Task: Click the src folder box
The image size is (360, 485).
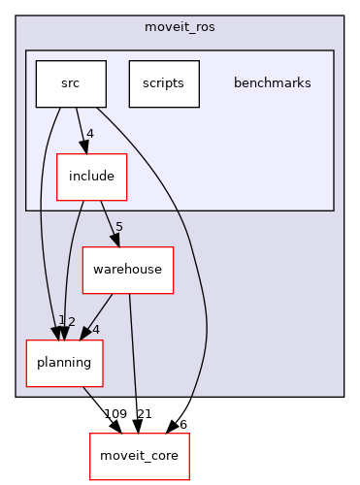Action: pyautogui.click(x=70, y=84)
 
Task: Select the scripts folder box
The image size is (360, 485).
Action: pyautogui.click(x=163, y=84)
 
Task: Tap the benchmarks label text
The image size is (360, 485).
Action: pyautogui.click(x=272, y=83)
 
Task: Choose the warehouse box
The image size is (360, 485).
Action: pyautogui.click(x=127, y=270)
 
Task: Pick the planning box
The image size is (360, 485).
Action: pyautogui.click(x=64, y=363)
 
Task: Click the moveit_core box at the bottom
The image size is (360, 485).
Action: pyautogui.click(x=140, y=456)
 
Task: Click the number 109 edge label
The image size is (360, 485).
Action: pyautogui.click(x=115, y=414)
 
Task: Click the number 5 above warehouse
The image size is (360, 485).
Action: pyautogui.click(x=117, y=228)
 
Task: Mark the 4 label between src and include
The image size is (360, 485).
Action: pyautogui.click(x=89, y=135)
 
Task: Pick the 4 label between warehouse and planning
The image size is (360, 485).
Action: pyautogui.click(x=95, y=329)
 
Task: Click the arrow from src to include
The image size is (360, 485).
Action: pyautogui.click(x=81, y=130)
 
